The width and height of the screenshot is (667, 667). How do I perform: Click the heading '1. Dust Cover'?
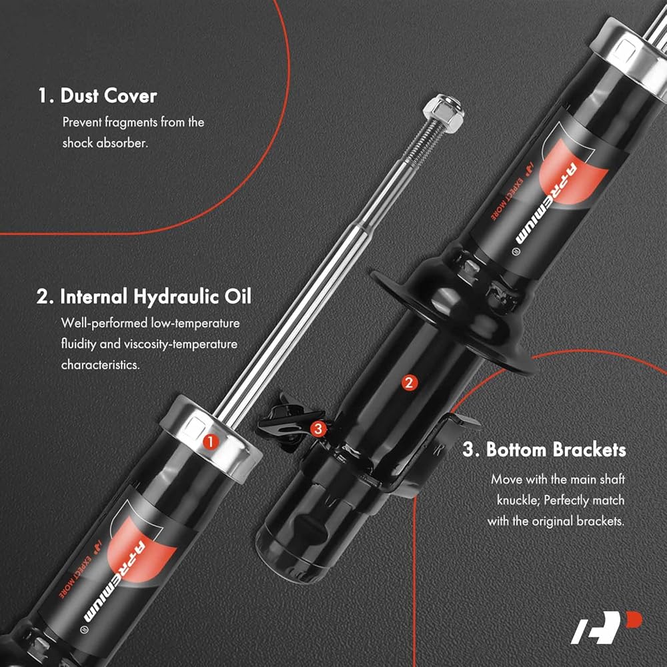click(x=97, y=95)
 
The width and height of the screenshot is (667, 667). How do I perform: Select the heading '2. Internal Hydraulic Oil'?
click(x=144, y=297)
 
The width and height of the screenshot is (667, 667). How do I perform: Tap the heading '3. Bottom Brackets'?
click(x=544, y=450)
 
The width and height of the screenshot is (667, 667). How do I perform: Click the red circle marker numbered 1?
click(x=211, y=442)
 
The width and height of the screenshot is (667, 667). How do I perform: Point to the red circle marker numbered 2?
click(x=410, y=383)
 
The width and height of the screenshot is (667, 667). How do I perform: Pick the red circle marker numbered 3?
click(x=318, y=429)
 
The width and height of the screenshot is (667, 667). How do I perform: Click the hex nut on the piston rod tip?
click(x=444, y=112)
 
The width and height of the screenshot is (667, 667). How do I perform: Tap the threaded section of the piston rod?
click(x=421, y=143)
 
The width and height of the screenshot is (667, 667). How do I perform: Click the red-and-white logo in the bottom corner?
click(x=606, y=627)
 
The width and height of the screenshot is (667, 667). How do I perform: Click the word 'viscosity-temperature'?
click(x=181, y=344)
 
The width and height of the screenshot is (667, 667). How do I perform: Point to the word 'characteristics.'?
click(x=101, y=365)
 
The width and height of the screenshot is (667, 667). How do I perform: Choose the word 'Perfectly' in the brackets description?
click(x=566, y=500)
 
